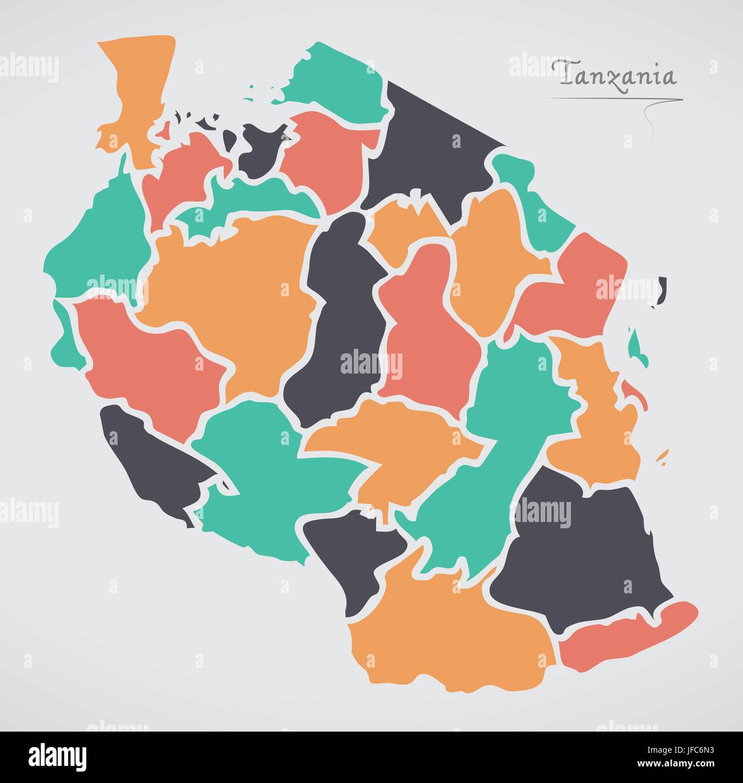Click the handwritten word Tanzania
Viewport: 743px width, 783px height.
(x=617, y=74)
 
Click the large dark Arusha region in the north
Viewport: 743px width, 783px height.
(x=434, y=148)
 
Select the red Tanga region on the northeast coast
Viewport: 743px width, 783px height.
(x=572, y=286)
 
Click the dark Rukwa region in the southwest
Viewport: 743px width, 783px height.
(x=154, y=463)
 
